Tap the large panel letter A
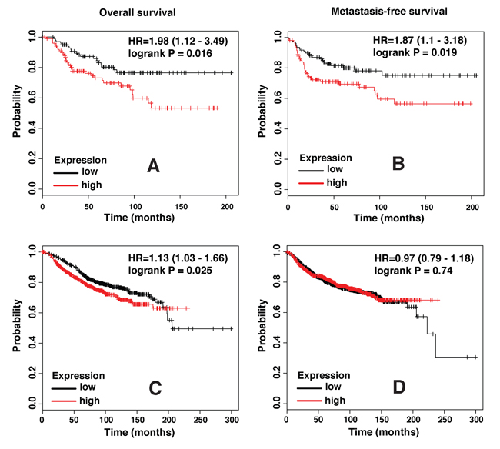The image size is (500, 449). pyautogui.click(x=153, y=166)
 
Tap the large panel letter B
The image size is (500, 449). pyautogui.click(x=398, y=165)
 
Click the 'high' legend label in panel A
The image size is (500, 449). pyautogui.click(x=92, y=185)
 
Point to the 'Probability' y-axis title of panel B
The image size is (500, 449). pyautogui.click(x=262, y=112)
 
